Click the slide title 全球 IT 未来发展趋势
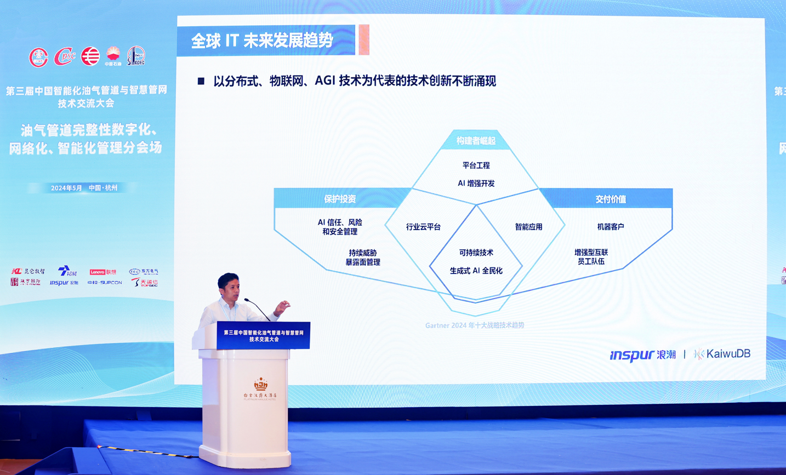tap(262, 41)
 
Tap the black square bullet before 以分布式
tap(201, 81)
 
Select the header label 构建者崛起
tap(476, 141)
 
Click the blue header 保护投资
tap(340, 199)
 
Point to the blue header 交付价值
tap(611, 199)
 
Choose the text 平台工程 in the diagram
tap(476, 165)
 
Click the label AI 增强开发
tap(476, 184)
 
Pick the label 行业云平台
tap(423, 227)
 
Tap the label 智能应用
tap(528, 227)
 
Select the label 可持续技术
tap(476, 253)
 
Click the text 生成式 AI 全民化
tap(476, 271)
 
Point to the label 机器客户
tap(610, 227)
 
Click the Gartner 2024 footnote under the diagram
tap(475, 325)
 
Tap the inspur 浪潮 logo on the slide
tap(642, 355)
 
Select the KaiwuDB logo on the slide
tap(722, 354)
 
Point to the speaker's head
tap(228, 286)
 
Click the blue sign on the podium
tap(264, 335)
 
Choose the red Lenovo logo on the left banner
tap(102, 272)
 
